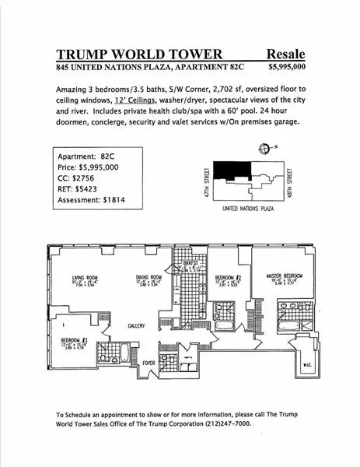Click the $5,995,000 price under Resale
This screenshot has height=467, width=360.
pyautogui.click(x=288, y=68)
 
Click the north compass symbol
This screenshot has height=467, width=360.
pyautogui.click(x=266, y=149)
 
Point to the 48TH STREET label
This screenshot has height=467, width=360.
pyautogui.click(x=289, y=181)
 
